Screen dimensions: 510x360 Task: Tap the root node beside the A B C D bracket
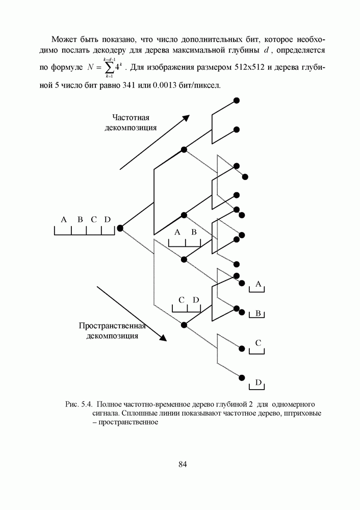(120, 228)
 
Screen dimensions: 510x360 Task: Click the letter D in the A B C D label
(107, 219)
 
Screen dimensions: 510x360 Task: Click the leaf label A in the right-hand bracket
(259, 284)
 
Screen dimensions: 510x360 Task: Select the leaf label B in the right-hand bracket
(258, 313)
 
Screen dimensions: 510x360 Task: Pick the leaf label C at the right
(258, 343)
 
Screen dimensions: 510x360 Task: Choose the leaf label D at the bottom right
(258, 382)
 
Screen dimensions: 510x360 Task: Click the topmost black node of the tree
(236, 100)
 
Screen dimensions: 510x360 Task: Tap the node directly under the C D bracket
(184, 324)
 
